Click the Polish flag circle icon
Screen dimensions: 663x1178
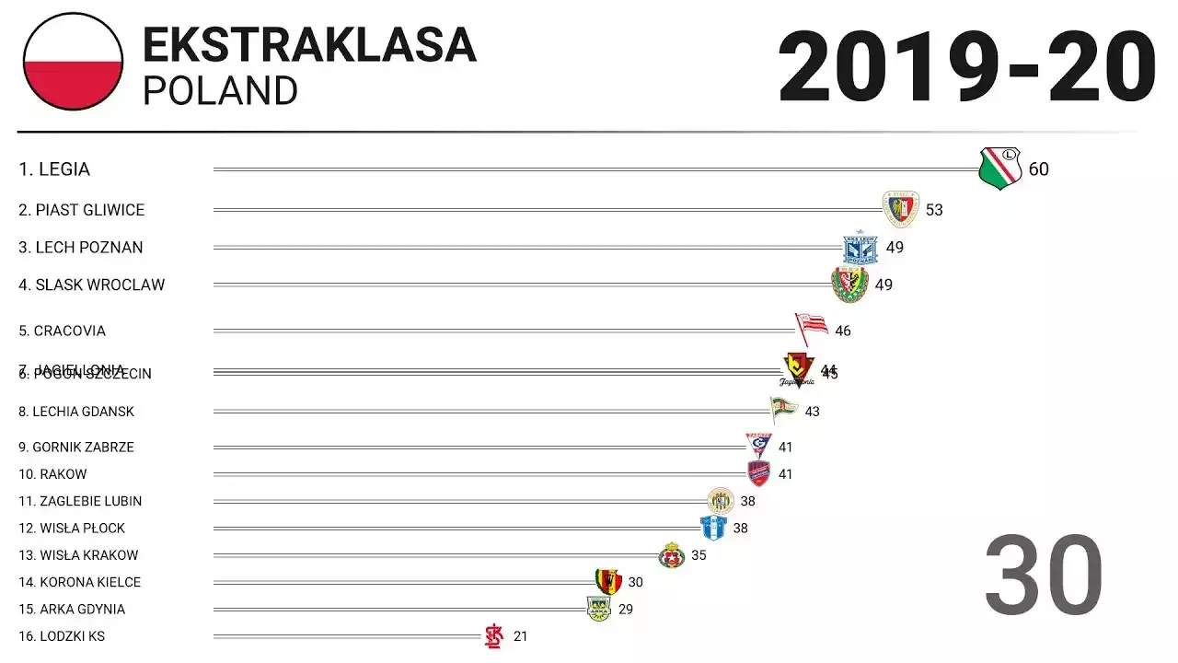pyautogui.click(x=73, y=62)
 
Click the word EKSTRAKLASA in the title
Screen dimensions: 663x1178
pyautogui.click(x=309, y=45)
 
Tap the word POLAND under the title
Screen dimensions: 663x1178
pyautogui.click(x=221, y=91)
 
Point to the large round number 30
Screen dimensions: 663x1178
pyautogui.click(x=1044, y=576)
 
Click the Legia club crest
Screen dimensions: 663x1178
pyautogui.click(x=1000, y=169)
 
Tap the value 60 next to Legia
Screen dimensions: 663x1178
pyautogui.click(x=1038, y=169)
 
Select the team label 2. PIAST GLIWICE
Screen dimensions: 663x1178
pyautogui.click(x=82, y=210)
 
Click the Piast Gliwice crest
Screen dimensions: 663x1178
pyautogui.click(x=901, y=209)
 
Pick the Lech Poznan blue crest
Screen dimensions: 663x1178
pyautogui.click(x=860, y=248)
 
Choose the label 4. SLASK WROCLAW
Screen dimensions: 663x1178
pyautogui.click(x=92, y=285)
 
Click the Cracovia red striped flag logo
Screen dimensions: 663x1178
pyautogui.click(x=811, y=327)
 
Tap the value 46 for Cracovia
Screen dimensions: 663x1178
pyautogui.click(x=842, y=331)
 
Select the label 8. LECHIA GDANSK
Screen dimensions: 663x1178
pyautogui.click(x=76, y=412)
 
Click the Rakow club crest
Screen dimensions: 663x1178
pyautogui.click(x=759, y=473)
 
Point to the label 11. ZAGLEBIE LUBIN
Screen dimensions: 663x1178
pyautogui.click(x=80, y=501)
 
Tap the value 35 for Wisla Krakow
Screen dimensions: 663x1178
pyautogui.click(x=699, y=555)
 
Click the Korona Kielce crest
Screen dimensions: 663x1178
pyautogui.click(x=607, y=581)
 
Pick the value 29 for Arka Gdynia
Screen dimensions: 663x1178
pyautogui.click(x=625, y=610)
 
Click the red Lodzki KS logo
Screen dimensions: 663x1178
pyautogui.click(x=494, y=635)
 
